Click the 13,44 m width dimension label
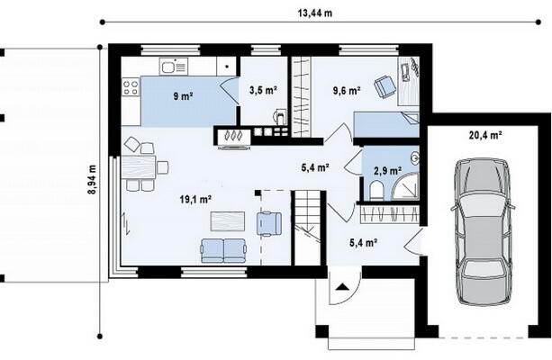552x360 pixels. pyautogui.click(x=315, y=13)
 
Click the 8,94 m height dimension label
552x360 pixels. pyautogui.click(x=93, y=179)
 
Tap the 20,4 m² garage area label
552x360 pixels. pyautogui.click(x=485, y=135)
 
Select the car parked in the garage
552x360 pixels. pyautogui.click(x=483, y=231)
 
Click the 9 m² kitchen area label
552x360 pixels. pyautogui.click(x=183, y=95)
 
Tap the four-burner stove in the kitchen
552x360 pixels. pyautogui.click(x=131, y=87)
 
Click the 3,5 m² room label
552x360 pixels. pyautogui.click(x=263, y=90)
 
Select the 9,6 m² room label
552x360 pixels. pyautogui.click(x=347, y=91)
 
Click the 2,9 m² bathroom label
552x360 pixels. pyautogui.click(x=387, y=171)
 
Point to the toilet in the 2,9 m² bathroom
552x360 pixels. pyautogui.click(x=376, y=191)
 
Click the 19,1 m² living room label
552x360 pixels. pyautogui.click(x=195, y=200)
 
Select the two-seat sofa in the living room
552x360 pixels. pyautogui.click(x=223, y=250)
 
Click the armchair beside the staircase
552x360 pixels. pyautogui.click(x=269, y=223)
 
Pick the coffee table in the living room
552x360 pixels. pyautogui.click(x=228, y=221)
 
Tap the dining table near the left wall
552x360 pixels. pyautogui.click(x=139, y=167)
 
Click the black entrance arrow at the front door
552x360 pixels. pyautogui.click(x=340, y=286)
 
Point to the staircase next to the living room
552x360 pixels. pyautogui.click(x=307, y=228)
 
